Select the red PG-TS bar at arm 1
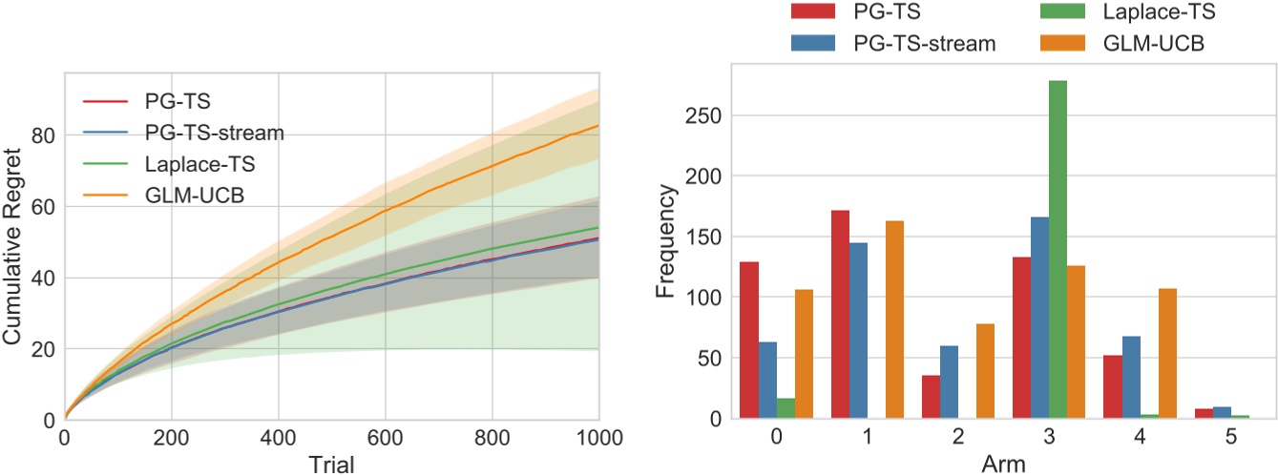pos(840,315)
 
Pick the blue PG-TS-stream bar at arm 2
pos(949,383)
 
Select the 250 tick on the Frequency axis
pos(703,115)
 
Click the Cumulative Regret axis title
pos(15,241)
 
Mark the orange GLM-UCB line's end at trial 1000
pos(598,125)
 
